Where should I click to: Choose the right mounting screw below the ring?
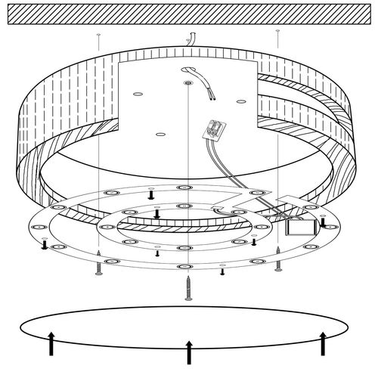(x=279, y=265)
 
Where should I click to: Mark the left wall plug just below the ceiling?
(x=98, y=35)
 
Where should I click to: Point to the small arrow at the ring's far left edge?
(x=45, y=245)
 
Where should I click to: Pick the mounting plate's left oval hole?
(x=137, y=93)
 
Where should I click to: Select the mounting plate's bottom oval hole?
(x=160, y=135)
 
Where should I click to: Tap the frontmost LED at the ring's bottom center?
(x=184, y=268)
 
